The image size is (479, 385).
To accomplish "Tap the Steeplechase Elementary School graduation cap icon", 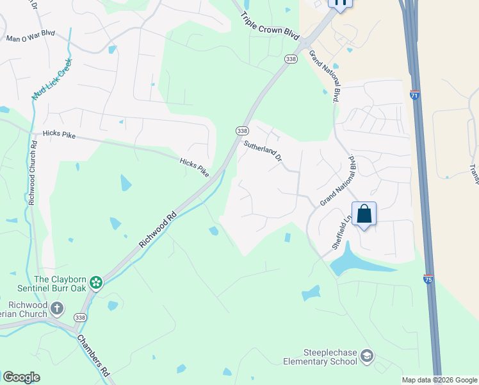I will click(367, 355).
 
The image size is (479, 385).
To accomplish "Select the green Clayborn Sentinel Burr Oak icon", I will click(96, 282).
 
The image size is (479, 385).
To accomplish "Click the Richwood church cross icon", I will click(57, 309).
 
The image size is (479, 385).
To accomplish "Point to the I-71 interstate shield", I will click(415, 95).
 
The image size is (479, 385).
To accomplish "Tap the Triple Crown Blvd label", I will click(270, 25).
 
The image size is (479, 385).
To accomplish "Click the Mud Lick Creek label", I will click(53, 79).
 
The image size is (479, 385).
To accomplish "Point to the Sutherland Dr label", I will click(262, 151).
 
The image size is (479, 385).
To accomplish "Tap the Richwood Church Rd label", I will click(32, 171).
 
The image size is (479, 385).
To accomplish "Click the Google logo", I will click(21, 377).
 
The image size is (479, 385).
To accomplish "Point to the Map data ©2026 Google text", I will click(439, 380).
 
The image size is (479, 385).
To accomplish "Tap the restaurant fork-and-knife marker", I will click(340, 3).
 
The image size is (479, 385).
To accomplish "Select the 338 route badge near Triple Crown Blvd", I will click(291, 59).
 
